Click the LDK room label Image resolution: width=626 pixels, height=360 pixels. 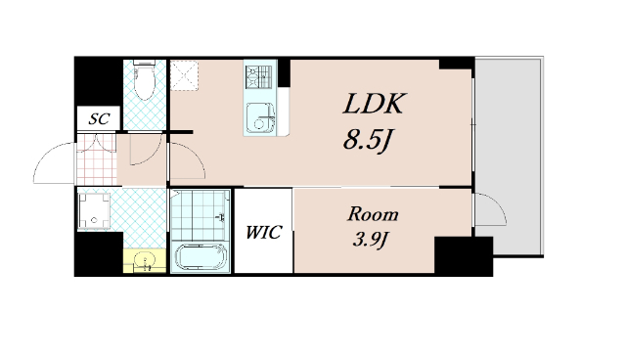pyautogui.click(x=375, y=104)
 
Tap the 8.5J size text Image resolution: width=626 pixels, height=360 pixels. pyautogui.click(x=367, y=141)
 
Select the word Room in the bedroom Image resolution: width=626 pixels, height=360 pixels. pyautogui.click(x=373, y=214)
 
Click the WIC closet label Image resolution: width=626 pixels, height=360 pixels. pyautogui.click(x=263, y=232)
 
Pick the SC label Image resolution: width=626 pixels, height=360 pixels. pyautogui.click(x=99, y=118)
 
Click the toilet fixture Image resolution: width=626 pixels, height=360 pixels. pyautogui.click(x=144, y=80)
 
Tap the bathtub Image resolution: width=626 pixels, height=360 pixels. pyautogui.click(x=201, y=257)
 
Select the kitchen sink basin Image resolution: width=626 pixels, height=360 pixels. pyautogui.click(x=260, y=117)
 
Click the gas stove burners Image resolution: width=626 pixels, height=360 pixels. pyautogui.click(x=258, y=77)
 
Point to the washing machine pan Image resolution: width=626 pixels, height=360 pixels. pyautogui.click(x=94, y=210)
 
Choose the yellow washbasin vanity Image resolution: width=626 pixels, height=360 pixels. pyautogui.click(x=144, y=260)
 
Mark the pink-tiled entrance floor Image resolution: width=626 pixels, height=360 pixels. pyautogui.click(x=97, y=159)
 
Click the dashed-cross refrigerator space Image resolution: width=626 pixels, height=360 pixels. pyautogui.click(x=184, y=75)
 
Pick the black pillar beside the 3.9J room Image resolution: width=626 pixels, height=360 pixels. pyautogui.click(x=463, y=256)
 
